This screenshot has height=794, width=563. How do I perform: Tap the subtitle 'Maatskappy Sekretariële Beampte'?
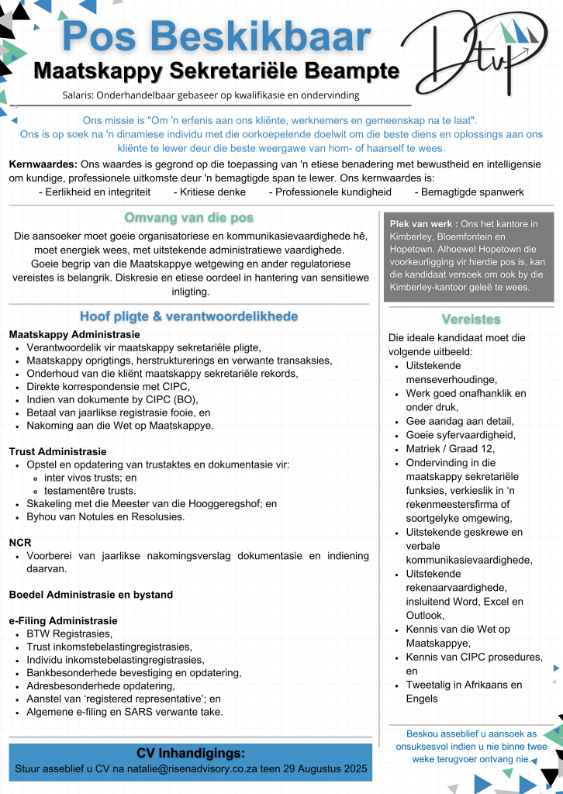coord(216,71)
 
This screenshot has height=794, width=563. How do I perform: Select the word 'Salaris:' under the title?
coord(80,95)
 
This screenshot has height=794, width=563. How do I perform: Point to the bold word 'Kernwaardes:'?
coord(43,164)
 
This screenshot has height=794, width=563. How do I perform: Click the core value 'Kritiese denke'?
coord(209,192)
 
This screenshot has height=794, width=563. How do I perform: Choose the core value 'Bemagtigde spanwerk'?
coord(468,192)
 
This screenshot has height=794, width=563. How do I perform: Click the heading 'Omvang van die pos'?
coord(189,217)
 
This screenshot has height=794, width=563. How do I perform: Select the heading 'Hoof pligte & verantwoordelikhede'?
coord(188,316)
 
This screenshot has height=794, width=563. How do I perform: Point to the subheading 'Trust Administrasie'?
coord(57,451)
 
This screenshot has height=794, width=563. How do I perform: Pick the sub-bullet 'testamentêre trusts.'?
coord(90,491)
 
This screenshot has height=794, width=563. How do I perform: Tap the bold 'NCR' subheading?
coord(20,542)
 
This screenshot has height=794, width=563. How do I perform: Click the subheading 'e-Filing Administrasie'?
coord(63,620)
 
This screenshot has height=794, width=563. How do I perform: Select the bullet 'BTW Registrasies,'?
coord(69,633)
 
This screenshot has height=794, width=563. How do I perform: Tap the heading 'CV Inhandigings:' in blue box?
coord(191,753)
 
